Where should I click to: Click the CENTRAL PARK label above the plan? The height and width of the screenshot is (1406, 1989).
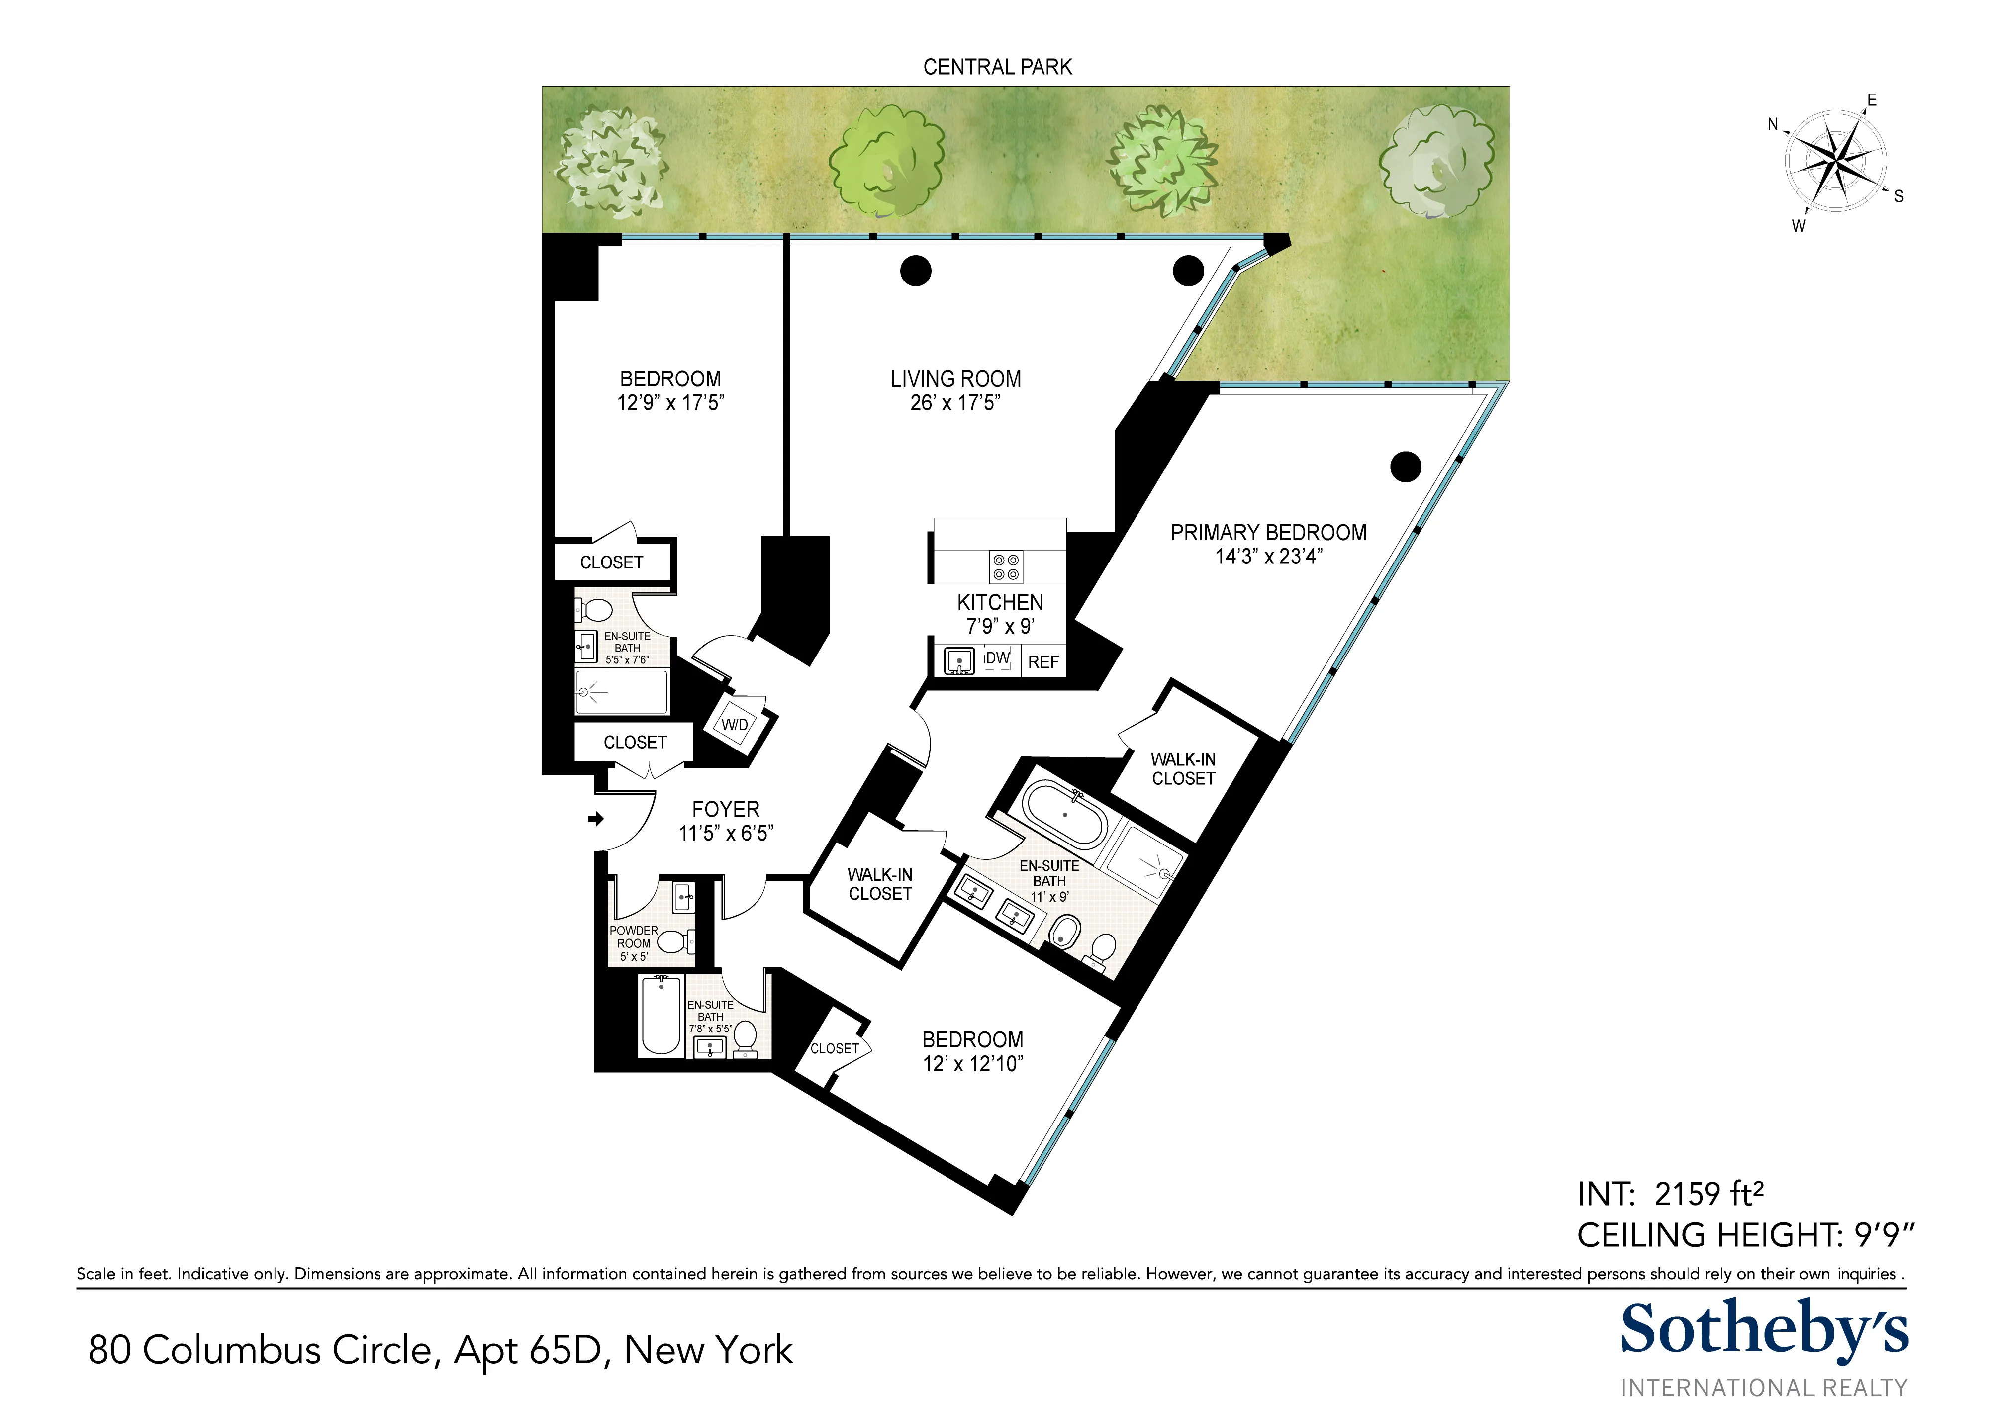(x=997, y=67)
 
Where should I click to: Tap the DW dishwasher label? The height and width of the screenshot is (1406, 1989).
(x=998, y=658)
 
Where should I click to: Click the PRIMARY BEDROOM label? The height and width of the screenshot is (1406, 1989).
(x=1268, y=533)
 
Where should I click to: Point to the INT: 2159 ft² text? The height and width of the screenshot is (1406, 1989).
(x=1669, y=1194)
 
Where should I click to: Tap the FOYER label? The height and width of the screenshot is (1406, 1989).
(x=725, y=809)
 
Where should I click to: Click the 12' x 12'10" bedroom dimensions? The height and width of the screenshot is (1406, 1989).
(x=973, y=1064)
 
